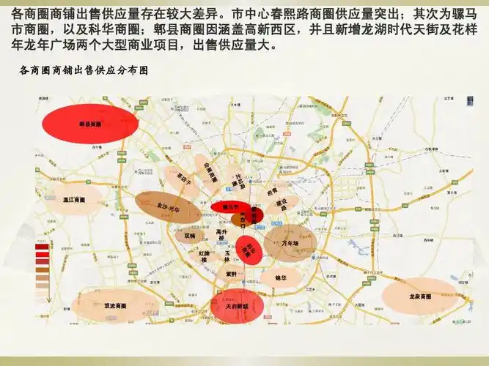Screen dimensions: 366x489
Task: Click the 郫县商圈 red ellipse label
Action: pos(90,124)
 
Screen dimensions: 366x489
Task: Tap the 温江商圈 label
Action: pos(74,199)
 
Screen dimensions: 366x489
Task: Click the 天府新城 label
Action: pos(236,305)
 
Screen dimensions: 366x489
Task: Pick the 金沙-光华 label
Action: pos(169,209)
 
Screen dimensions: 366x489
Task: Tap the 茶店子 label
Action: pos(184,176)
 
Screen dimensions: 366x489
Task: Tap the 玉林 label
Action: pos(227,256)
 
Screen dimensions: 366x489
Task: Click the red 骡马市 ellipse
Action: pos(236,207)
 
